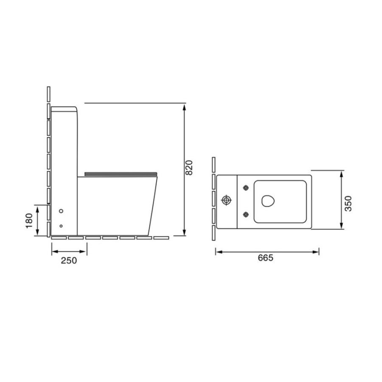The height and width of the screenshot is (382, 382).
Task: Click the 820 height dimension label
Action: point(189,167)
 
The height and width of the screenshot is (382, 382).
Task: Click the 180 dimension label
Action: point(29,220)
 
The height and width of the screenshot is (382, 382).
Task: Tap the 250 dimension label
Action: point(69,261)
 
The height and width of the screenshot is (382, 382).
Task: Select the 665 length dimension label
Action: point(266,258)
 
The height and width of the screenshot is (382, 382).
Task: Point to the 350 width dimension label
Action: point(348,203)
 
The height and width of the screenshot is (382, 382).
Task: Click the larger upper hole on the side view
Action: point(61,211)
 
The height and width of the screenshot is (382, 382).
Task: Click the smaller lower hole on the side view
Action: point(61,226)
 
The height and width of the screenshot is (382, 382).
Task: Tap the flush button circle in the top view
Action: point(227,200)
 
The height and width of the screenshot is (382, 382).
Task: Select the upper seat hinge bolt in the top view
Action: point(246,188)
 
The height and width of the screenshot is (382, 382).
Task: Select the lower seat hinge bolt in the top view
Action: point(246,215)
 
